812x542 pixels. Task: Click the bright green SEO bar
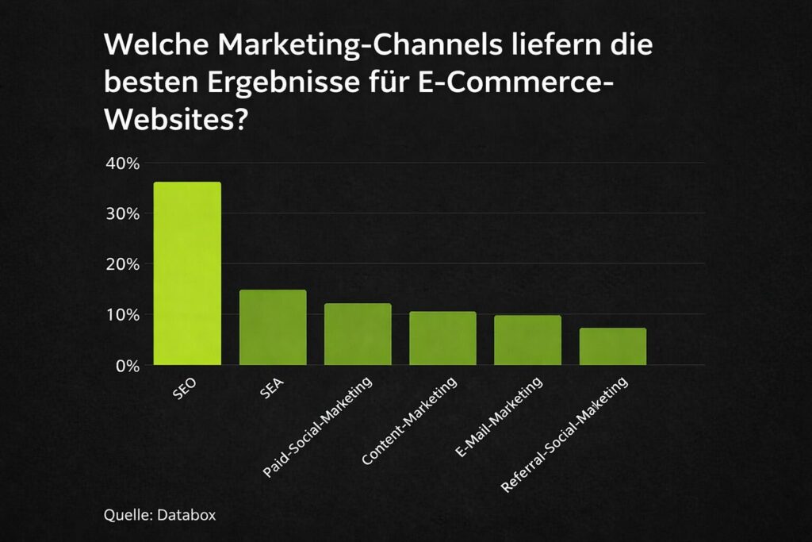point(187,274)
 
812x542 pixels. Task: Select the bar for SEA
point(273,327)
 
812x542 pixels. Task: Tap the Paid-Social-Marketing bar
point(358,334)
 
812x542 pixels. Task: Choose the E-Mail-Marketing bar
point(527,340)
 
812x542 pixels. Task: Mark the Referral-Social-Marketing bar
point(612,346)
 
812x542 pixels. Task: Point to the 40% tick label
point(122,163)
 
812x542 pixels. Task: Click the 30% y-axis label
point(122,214)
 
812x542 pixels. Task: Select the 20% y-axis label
point(122,264)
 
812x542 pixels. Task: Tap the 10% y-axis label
point(122,315)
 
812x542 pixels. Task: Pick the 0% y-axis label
point(126,366)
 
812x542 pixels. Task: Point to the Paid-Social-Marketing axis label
point(317,429)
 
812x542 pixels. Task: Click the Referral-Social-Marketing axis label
point(565,435)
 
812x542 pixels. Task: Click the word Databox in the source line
point(188,514)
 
